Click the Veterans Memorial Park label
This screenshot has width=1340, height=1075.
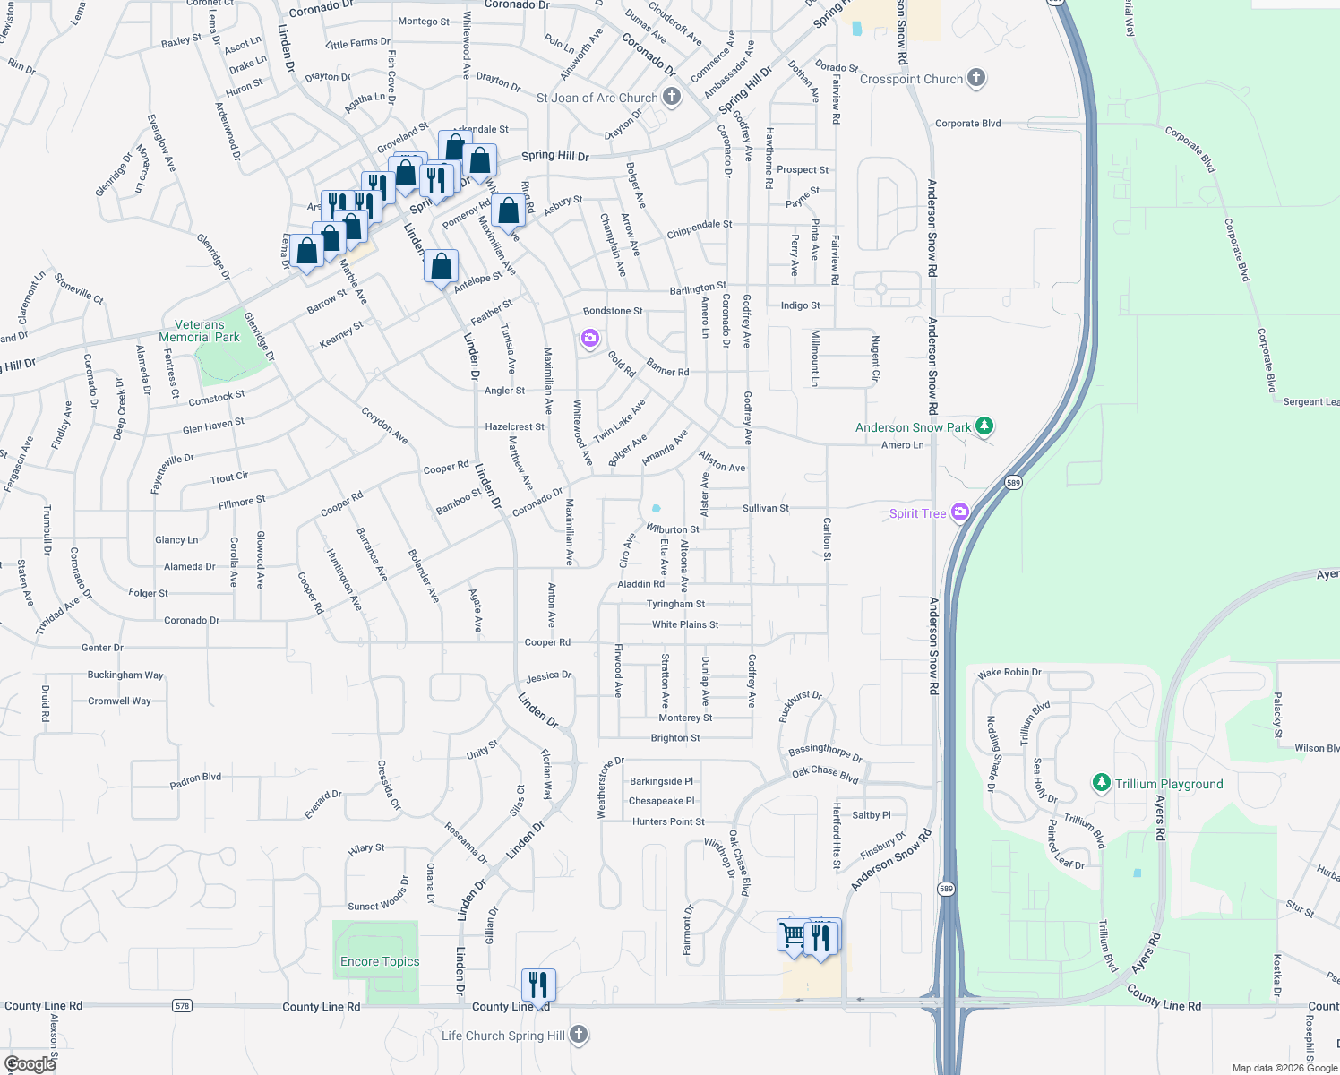[x=199, y=331]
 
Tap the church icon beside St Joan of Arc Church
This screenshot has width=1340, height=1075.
[x=672, y=97]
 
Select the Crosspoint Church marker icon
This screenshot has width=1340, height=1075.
[x=976, y=79]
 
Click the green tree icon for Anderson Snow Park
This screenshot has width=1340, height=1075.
[x=984, y=426]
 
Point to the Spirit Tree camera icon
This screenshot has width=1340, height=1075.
[x=960, y=512]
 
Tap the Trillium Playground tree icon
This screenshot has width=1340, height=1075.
[x=1102, y=783]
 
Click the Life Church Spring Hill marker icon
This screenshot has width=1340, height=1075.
[x=579, y=1035]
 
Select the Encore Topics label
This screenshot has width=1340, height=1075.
[x=380, y=961]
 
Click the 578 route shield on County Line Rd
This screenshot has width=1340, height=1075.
[x=183, y=1006]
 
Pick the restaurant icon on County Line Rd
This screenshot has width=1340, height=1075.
[x=537, y=985]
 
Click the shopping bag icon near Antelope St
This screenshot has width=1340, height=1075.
[x=441, y=267]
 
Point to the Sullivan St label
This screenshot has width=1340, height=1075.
[x=765, y=508]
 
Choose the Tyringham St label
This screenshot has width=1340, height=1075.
[x=675, y=604]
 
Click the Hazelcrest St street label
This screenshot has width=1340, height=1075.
[x=514, y=426]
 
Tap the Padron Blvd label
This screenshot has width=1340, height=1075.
[x=195, y=781]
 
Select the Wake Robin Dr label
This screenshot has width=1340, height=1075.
[x=1009, y=672]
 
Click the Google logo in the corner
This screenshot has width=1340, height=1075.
[x=30, y=1063]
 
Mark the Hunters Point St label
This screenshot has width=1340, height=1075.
[x=668, y=821]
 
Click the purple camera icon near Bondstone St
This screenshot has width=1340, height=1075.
[x=589, y=338]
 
